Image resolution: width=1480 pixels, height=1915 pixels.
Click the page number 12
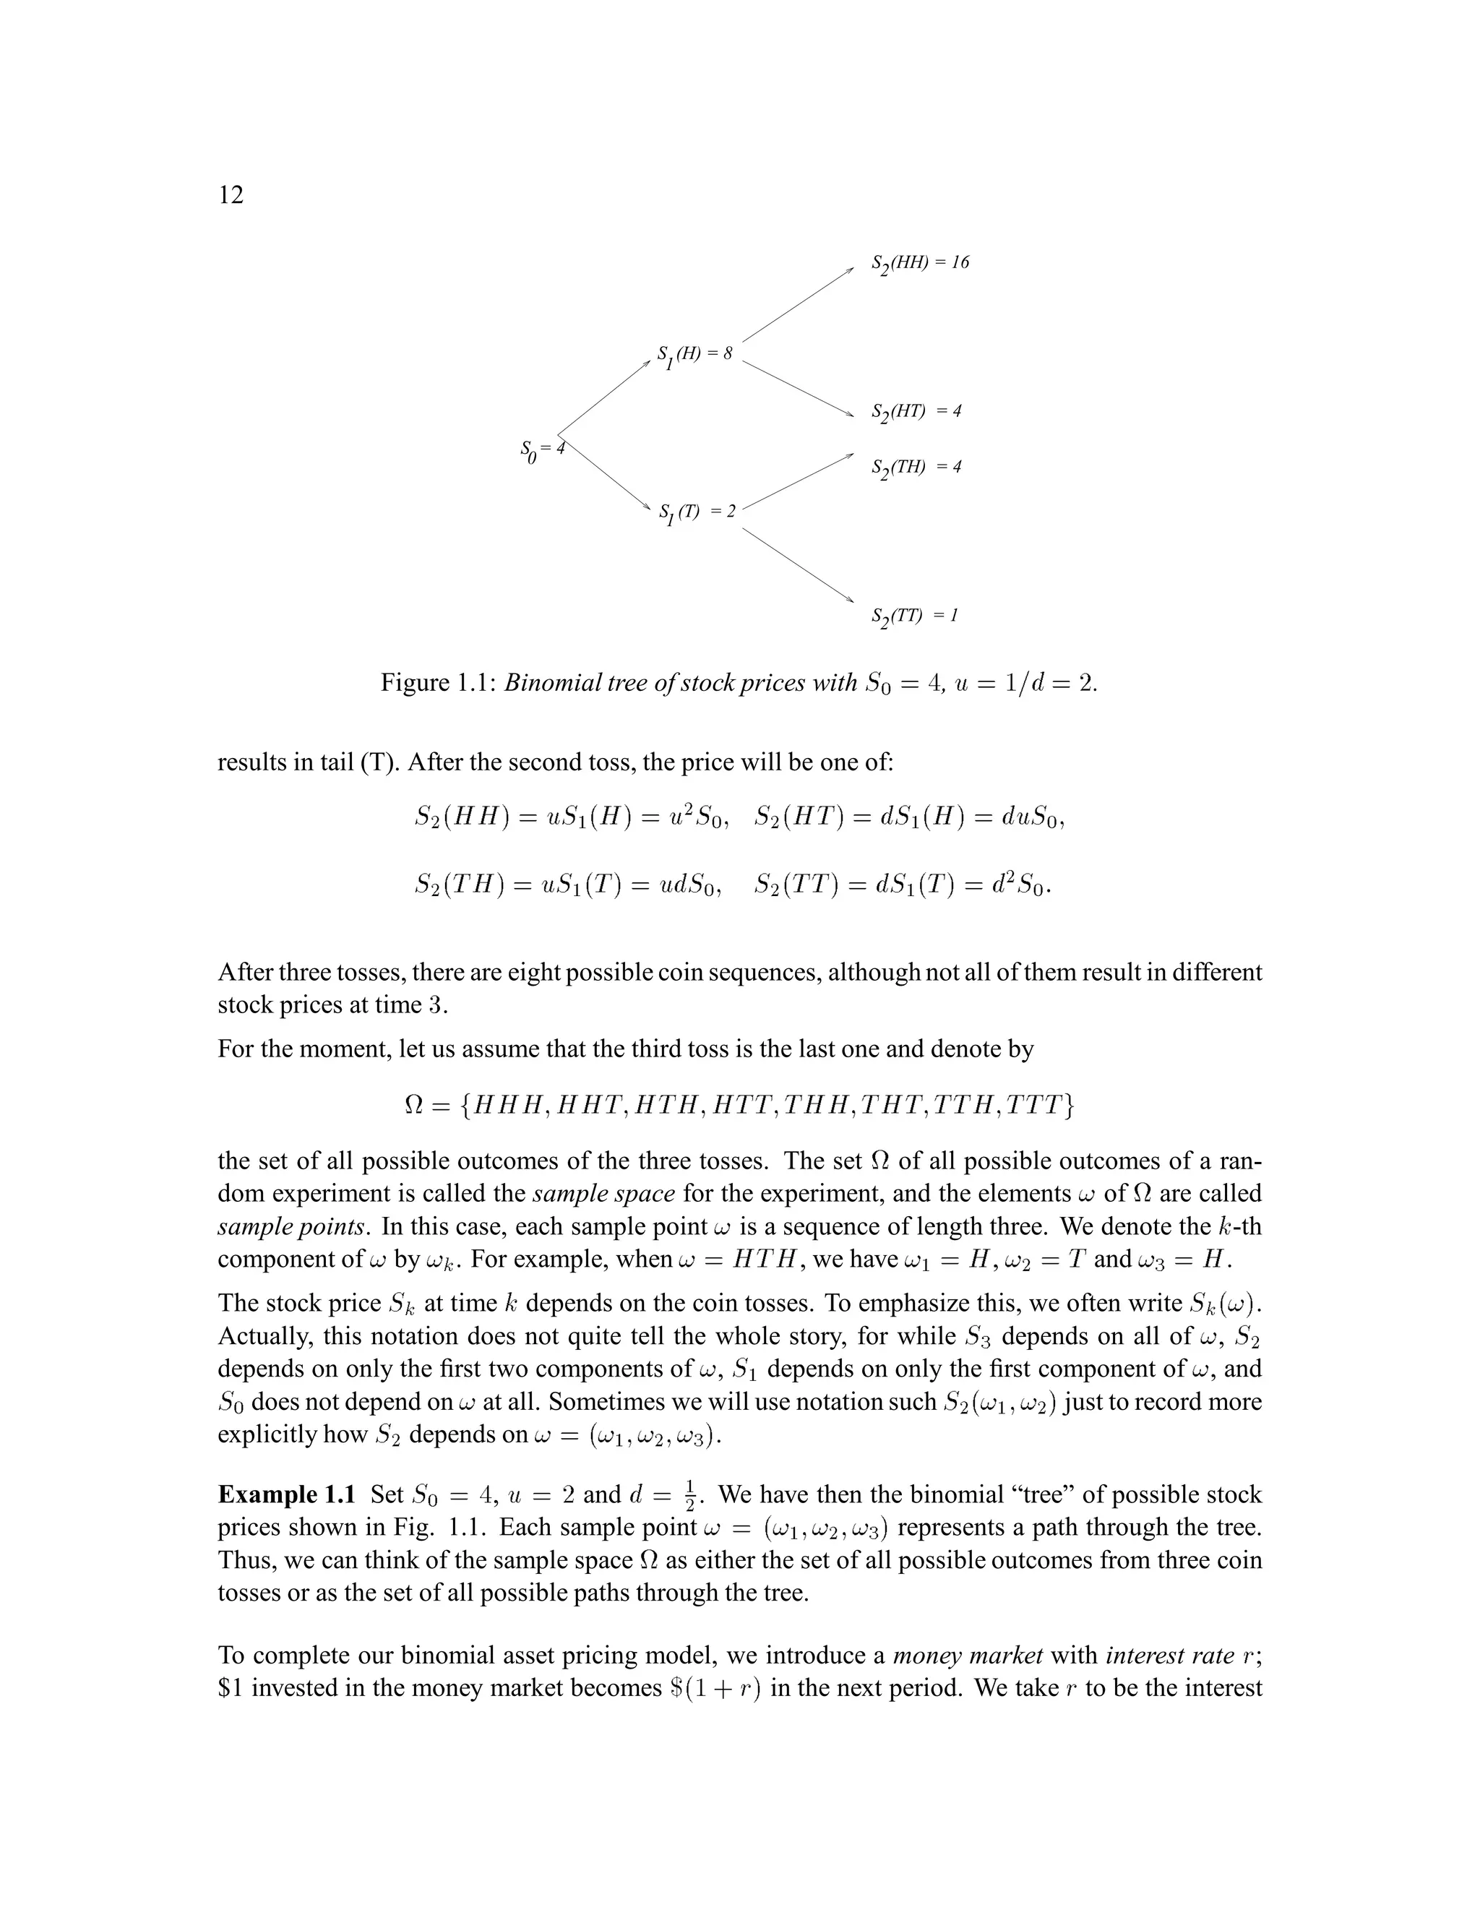[231, 194]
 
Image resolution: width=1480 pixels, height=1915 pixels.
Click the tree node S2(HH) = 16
[920, 264]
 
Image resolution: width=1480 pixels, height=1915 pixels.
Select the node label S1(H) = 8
[694, 355]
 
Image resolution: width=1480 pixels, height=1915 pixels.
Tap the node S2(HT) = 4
[916, 412]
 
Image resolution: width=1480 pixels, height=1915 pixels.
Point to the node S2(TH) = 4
[916, 468]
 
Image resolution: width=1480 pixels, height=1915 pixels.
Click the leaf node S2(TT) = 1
[914, 616]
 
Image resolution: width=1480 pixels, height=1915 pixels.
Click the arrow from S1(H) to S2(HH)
[798, 304]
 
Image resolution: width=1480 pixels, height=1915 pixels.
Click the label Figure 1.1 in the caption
[439, 682]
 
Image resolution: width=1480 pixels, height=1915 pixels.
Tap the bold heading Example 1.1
[287, 1495]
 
